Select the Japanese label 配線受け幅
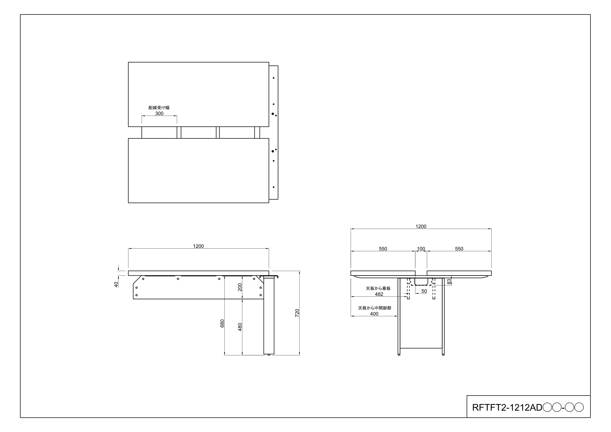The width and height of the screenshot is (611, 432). [159, 108]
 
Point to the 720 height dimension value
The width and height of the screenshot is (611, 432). [297, 313]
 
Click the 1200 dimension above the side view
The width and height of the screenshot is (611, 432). [199, 246]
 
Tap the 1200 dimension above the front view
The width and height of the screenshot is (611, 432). [421, 226]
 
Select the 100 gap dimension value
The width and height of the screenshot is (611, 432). [421, 249]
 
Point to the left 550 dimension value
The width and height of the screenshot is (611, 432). [383, 249]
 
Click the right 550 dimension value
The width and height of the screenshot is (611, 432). [459, 249]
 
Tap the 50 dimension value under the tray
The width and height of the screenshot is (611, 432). [424, 291]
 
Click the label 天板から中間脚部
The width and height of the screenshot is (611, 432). [375, 308]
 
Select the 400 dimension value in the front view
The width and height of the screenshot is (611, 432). [374, 314]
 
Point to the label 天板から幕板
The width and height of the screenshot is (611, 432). [378, 288]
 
